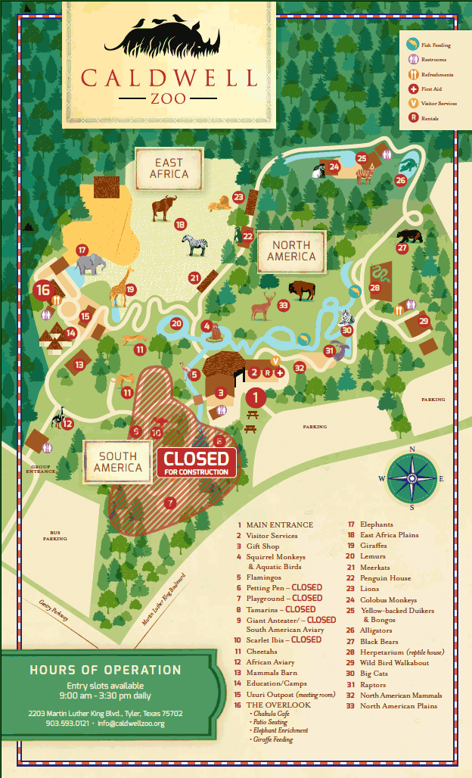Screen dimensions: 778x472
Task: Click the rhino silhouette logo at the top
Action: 168,36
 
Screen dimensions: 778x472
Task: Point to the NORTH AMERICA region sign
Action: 291,251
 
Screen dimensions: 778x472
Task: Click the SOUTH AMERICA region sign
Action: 118,462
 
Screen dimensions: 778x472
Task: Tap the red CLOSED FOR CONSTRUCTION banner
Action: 196,462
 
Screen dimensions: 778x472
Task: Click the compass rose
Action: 412,478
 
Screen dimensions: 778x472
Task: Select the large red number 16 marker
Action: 42,288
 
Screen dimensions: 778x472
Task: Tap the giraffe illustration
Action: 120,285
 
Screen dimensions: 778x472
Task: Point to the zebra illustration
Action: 194,244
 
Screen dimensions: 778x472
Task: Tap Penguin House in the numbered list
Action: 385,577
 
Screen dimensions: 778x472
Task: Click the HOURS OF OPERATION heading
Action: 105,670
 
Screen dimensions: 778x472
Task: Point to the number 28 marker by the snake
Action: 375,287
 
